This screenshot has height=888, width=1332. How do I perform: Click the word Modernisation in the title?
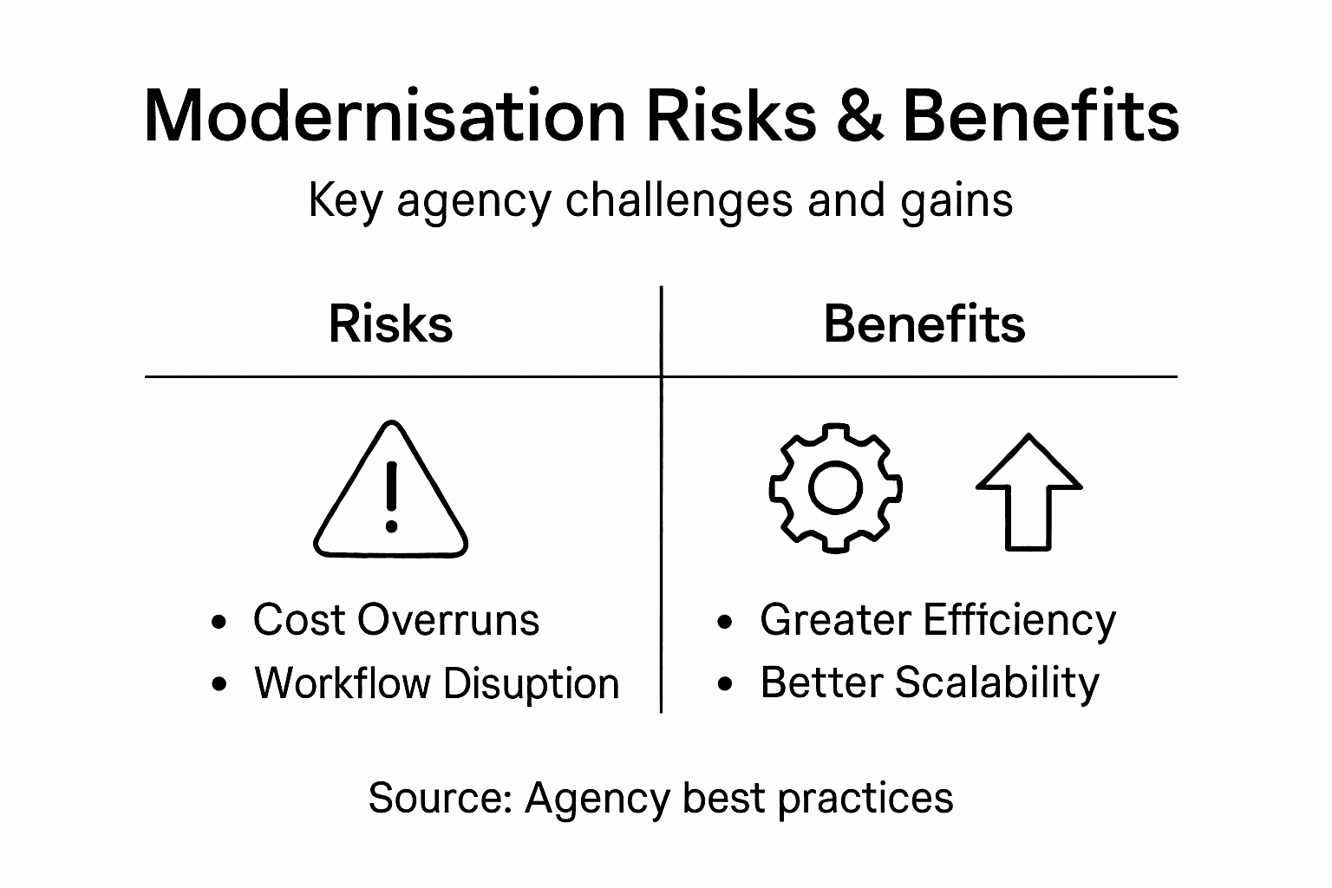click(x=383, y=116)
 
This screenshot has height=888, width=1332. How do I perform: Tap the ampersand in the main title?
click(x=860, y=116)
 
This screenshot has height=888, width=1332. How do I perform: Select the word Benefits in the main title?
click(x=1041, y=116)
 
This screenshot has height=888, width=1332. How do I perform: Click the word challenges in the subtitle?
click(x=679, y=201)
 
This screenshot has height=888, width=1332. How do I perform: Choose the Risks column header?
click(x=391, y=324)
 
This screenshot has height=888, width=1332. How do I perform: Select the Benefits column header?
click(x=924, y=324)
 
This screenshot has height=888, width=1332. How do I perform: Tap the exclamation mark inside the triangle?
click(x=391, y=496)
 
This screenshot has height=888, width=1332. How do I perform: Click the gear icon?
click(x=835, y=487)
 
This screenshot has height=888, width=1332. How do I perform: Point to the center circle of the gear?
click(x=835, y=487)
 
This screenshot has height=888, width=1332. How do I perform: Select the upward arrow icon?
click(x=1028, y=491)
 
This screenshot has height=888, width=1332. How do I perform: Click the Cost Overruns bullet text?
click(x=395, y=620)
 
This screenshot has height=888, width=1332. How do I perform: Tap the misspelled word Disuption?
click(x=531, y=683)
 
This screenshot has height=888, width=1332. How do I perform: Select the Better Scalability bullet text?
click(x=929, y=682)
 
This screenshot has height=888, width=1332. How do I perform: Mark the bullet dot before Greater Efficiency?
click(x=725, y=622)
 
